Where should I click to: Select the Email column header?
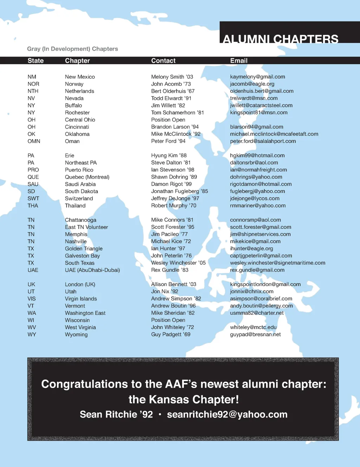[239, 61]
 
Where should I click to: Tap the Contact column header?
[163, 61]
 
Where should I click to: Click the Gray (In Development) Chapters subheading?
[72, 49]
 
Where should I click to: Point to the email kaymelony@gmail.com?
[257, 77]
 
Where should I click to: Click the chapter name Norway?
[74, 84]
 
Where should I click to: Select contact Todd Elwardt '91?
[171, 98]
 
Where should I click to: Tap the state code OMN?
[34, 141]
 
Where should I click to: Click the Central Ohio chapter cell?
[80, 120]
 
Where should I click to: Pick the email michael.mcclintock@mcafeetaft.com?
[274, 134]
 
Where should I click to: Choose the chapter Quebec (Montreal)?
[87, 177]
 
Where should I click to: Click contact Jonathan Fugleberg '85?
[179, 192]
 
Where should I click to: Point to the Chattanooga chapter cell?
[81, 220]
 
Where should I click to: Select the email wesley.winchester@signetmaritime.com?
[277, 263]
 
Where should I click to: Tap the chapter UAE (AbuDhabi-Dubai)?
[92, 270]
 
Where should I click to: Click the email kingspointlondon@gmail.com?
[265, 284]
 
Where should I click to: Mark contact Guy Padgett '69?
[171, 335]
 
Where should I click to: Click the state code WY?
[32, 335]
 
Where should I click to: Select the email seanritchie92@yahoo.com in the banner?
[227, 415]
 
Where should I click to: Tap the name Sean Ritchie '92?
[116, 415]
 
